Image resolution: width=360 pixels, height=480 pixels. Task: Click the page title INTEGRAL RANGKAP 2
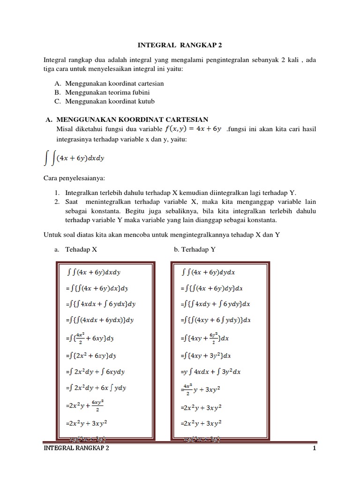click(180, 45)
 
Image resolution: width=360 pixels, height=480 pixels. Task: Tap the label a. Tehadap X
click(76, 250)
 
